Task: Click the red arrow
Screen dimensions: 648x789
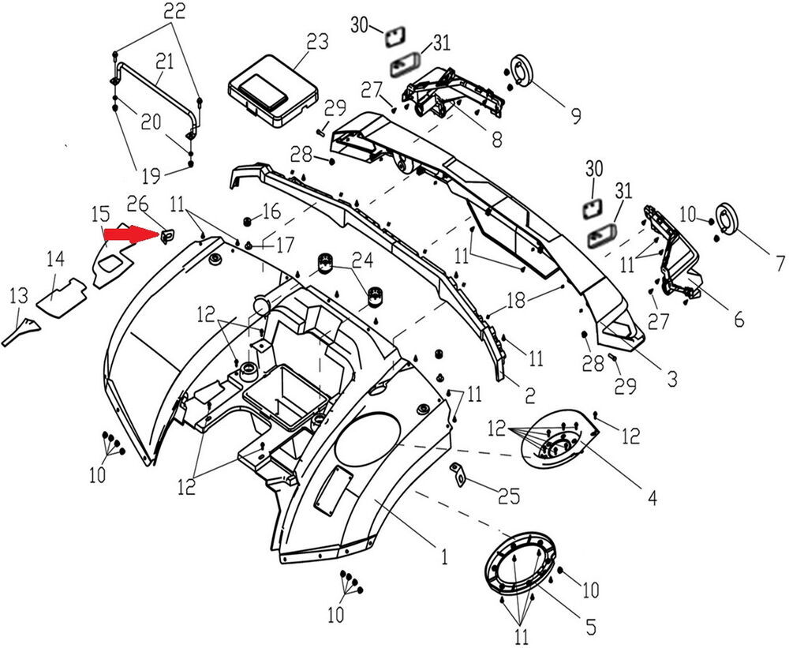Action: (130, 234)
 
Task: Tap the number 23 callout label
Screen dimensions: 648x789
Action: (317, 42)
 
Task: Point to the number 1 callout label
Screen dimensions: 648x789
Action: (444, 557)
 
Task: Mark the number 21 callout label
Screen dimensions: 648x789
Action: (164, 61)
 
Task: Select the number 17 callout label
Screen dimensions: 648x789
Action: (284, 245)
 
